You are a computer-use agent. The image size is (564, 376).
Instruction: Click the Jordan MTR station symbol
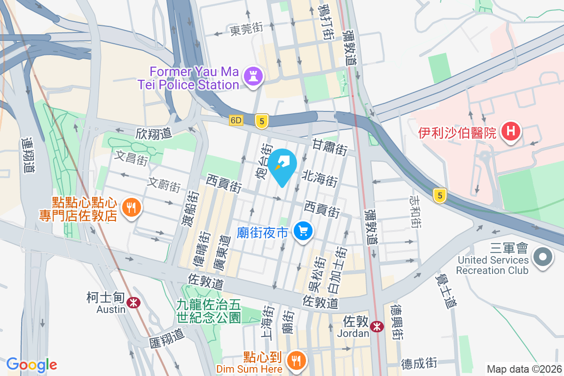[x=376, y=326]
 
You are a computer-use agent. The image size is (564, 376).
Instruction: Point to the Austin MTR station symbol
[x=134, y=302]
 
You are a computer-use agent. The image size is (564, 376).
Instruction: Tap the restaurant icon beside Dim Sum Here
[x=296, y=361]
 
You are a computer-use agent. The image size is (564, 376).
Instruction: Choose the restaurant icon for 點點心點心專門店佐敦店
[x=131, y=208]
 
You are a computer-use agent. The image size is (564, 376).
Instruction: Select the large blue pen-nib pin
[x=283, y=166]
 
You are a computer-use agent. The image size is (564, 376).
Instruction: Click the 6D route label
[x=236, y=120]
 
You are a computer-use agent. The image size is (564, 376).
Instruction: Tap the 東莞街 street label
[x=246, y=30]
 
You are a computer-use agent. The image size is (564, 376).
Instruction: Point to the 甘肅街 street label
[x=330, y=147]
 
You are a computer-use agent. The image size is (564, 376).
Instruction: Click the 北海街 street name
[x=320, y=178]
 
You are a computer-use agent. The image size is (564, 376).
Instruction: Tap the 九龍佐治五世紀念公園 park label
[x=209, y=311]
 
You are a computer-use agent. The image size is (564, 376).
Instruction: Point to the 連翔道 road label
[x=28, y=155]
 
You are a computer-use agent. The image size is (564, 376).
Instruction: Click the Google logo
[x=31, y=364]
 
